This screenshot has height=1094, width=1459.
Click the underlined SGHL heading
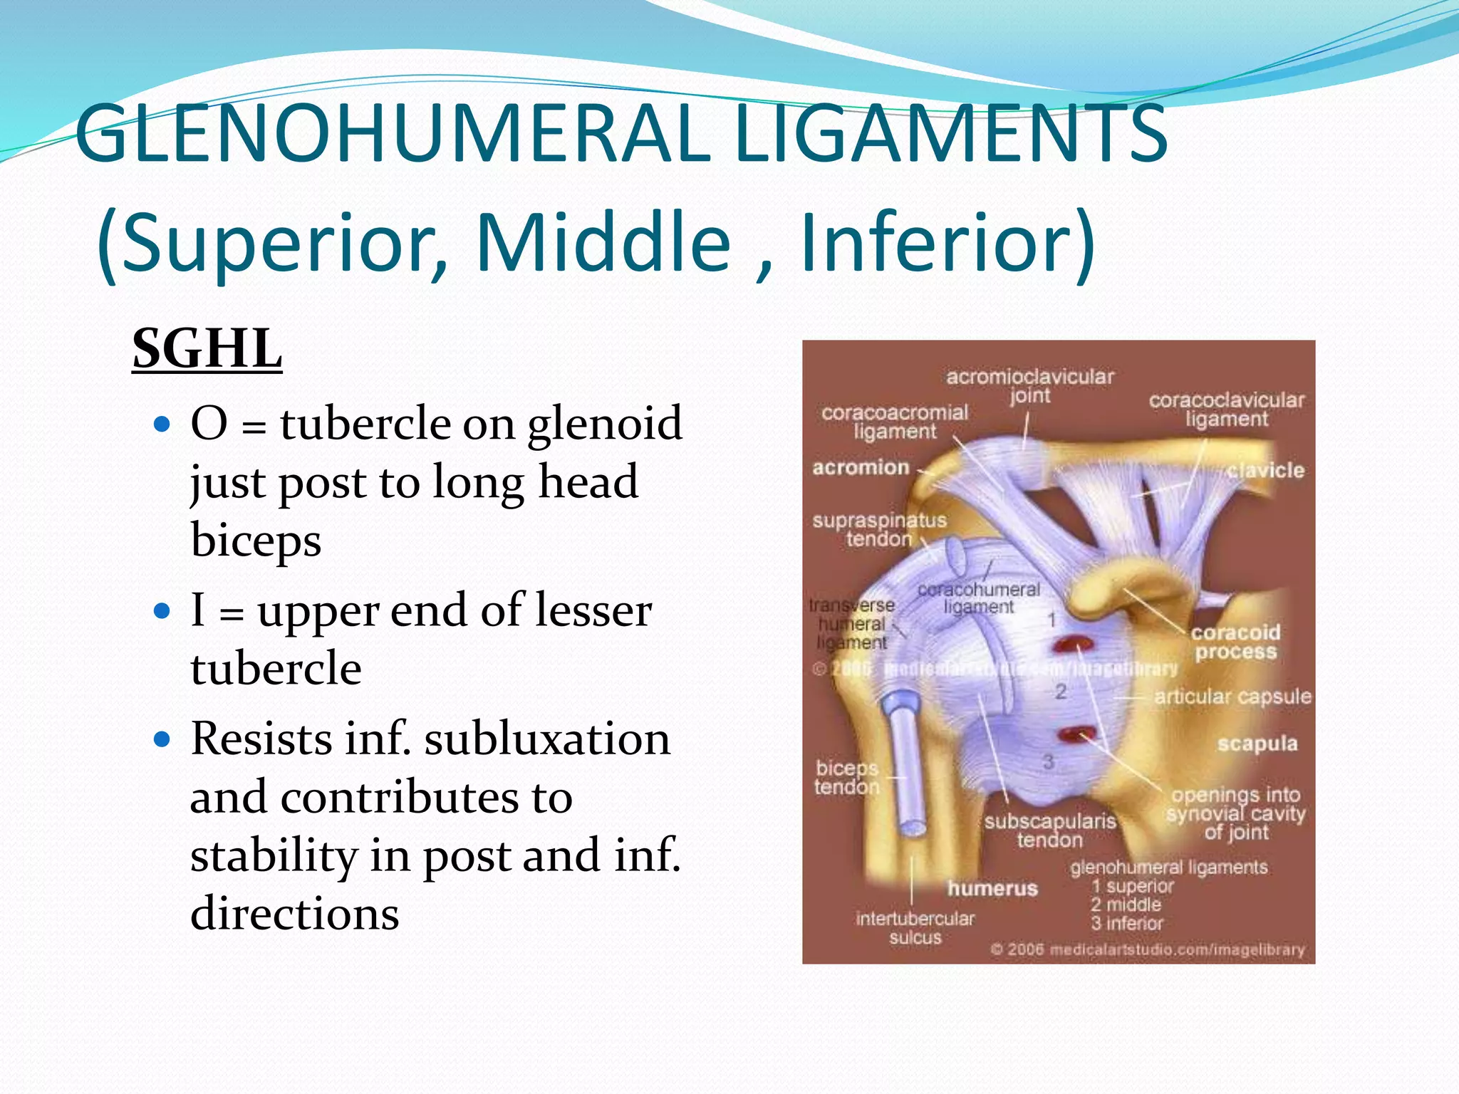click(207, 349)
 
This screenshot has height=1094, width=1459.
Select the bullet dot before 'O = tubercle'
click(163, 425)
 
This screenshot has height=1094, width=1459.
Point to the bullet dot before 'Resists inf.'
click(163, 740)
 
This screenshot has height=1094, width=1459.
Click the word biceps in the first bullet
click(256, 540)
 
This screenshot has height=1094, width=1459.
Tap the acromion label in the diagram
click(861, 467)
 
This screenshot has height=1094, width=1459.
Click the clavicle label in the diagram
click(1265, 470)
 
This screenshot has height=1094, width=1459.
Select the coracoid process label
click(1235, 642)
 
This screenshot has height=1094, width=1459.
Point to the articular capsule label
click(1232, 696)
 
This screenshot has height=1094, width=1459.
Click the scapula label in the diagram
click(1257, 744)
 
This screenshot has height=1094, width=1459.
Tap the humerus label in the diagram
click(992, 888)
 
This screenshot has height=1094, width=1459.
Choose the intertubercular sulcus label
click(915, 927)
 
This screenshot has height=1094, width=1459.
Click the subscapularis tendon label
click(1050, 830)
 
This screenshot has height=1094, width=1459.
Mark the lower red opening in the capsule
click(1077, 734)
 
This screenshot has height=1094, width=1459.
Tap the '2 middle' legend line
click(1126, 905)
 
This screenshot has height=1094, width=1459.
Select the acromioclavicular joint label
click(1029, 385)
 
